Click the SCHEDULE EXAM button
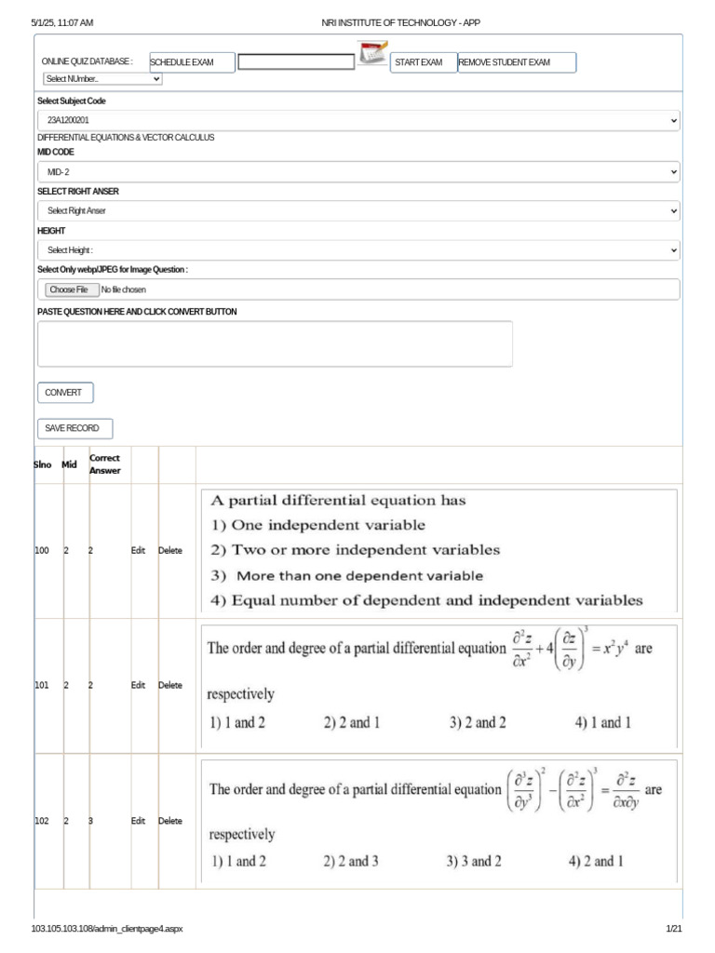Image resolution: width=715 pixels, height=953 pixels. click(192, 62)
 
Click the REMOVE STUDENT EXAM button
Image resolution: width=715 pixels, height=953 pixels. click(517, 62)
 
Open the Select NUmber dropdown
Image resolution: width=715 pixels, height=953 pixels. click(101, 79)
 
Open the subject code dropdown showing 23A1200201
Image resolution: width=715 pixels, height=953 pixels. click(358, 121)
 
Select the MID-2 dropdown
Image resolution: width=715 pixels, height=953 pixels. click(358, 172)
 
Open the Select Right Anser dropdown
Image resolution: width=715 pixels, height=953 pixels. click(358, 211)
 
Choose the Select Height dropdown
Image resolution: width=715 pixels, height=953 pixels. click(358, 250)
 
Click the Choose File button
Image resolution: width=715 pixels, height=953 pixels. click(69, 289)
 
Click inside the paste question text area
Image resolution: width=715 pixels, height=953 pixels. click(275, 343)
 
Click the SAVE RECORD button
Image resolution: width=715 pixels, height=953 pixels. click(74, 428)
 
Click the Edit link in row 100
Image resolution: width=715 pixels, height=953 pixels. click(138, 551)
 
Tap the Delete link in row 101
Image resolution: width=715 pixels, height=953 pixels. click(170, 686)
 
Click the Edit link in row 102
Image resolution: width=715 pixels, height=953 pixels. click(138, 822)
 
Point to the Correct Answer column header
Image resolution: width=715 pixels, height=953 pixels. click(104, 464)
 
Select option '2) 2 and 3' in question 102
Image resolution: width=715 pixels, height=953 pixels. click(350, 862)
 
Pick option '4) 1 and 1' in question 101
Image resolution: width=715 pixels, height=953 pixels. click(603, 723)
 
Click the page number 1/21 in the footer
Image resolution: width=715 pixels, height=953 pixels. click(674, 930)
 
